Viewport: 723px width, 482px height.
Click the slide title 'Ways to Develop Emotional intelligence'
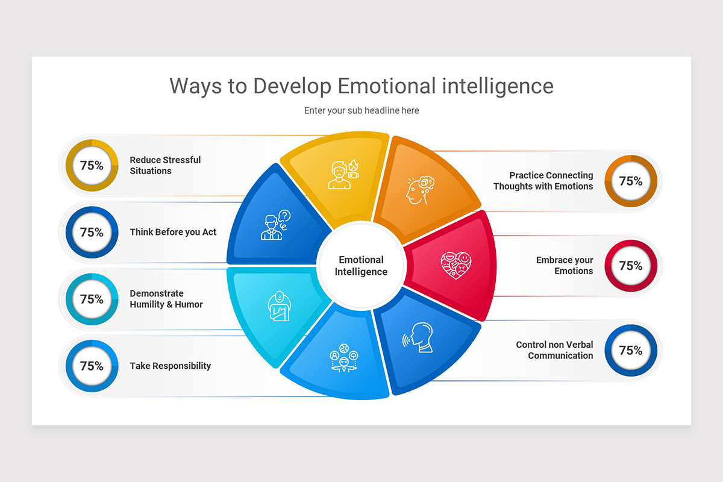361,86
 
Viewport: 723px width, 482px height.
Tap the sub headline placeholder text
361,111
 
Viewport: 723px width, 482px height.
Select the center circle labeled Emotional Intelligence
361,266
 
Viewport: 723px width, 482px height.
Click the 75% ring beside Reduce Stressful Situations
92,166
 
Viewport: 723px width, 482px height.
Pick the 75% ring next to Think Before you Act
92,233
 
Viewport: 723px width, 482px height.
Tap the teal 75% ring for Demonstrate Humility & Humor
92,299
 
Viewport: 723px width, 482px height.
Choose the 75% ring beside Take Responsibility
92,366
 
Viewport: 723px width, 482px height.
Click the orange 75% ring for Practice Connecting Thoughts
630,181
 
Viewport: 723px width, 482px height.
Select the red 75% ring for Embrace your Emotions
630,266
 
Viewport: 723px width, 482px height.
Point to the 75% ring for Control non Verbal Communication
630,351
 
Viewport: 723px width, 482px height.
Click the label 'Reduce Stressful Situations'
165,166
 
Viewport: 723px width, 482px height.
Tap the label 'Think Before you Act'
173,233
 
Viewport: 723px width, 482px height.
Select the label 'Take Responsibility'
171,366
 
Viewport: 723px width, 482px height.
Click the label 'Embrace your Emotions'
565,266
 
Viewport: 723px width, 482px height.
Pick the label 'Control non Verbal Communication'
554,351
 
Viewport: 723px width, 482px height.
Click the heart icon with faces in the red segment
455,264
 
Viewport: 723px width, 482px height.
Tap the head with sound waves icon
418,339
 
